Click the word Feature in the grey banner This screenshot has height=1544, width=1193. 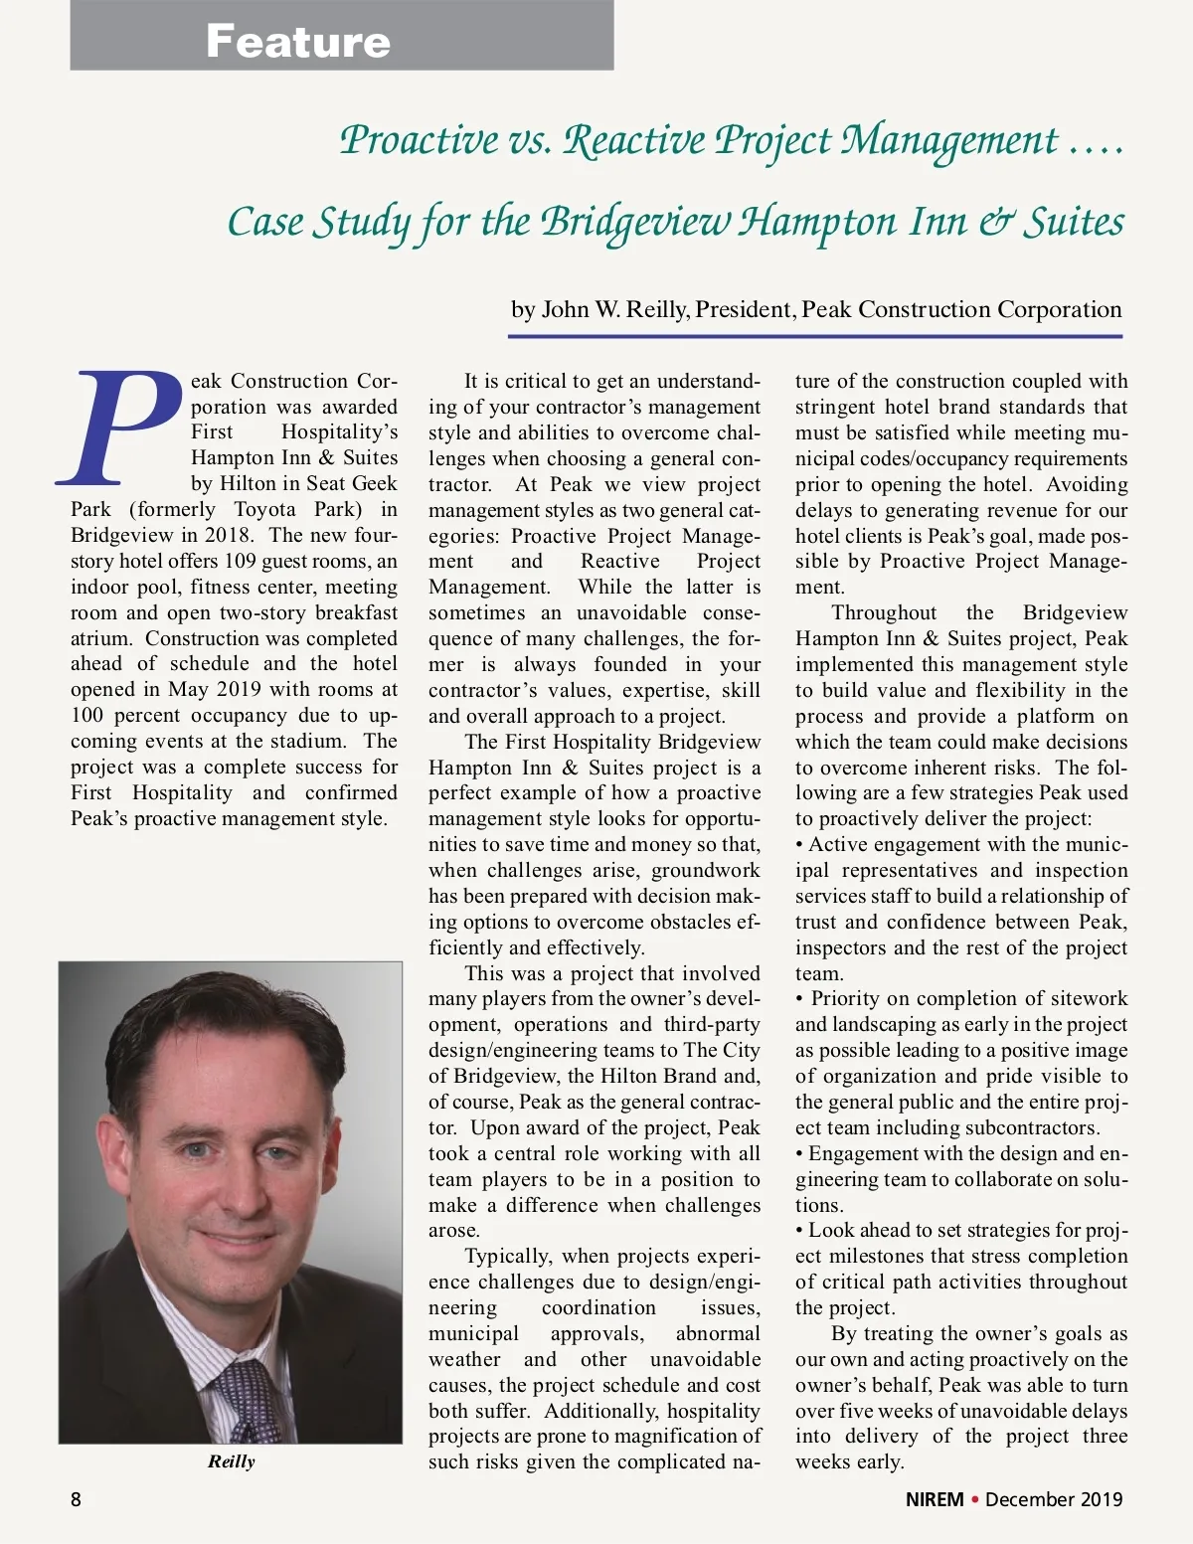pyautogui.click(x=298, y=41)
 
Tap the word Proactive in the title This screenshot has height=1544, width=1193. pyautogui.click(x=419, y=140)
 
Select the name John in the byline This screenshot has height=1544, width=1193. pyautogui.click(x=565, y=309)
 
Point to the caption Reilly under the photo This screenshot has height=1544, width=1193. pyautogui.click(x=231, y=1461)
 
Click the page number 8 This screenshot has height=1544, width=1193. pyautogui.click(x=77, y=1499)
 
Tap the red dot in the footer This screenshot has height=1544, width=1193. pyautogui.click(x=975, y=1499)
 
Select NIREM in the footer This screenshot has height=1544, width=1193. pyautogui.click(x=935, y=1499)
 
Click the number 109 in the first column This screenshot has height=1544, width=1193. pyautogui.click(x=240, y=561)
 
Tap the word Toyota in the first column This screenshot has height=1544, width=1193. pyautogui.click(x=265, y=509)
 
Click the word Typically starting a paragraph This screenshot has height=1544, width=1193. pyautogui.click(x=507, y=1257)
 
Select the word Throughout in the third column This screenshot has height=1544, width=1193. pyautogui.click(x=884, y=612)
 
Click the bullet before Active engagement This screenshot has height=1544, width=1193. pyautogui.click(x=800, y=845)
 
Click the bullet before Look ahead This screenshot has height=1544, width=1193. pyautogui.click(x=800, y=1231)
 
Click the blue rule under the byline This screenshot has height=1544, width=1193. pyautogui.click(x=815, y=337)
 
